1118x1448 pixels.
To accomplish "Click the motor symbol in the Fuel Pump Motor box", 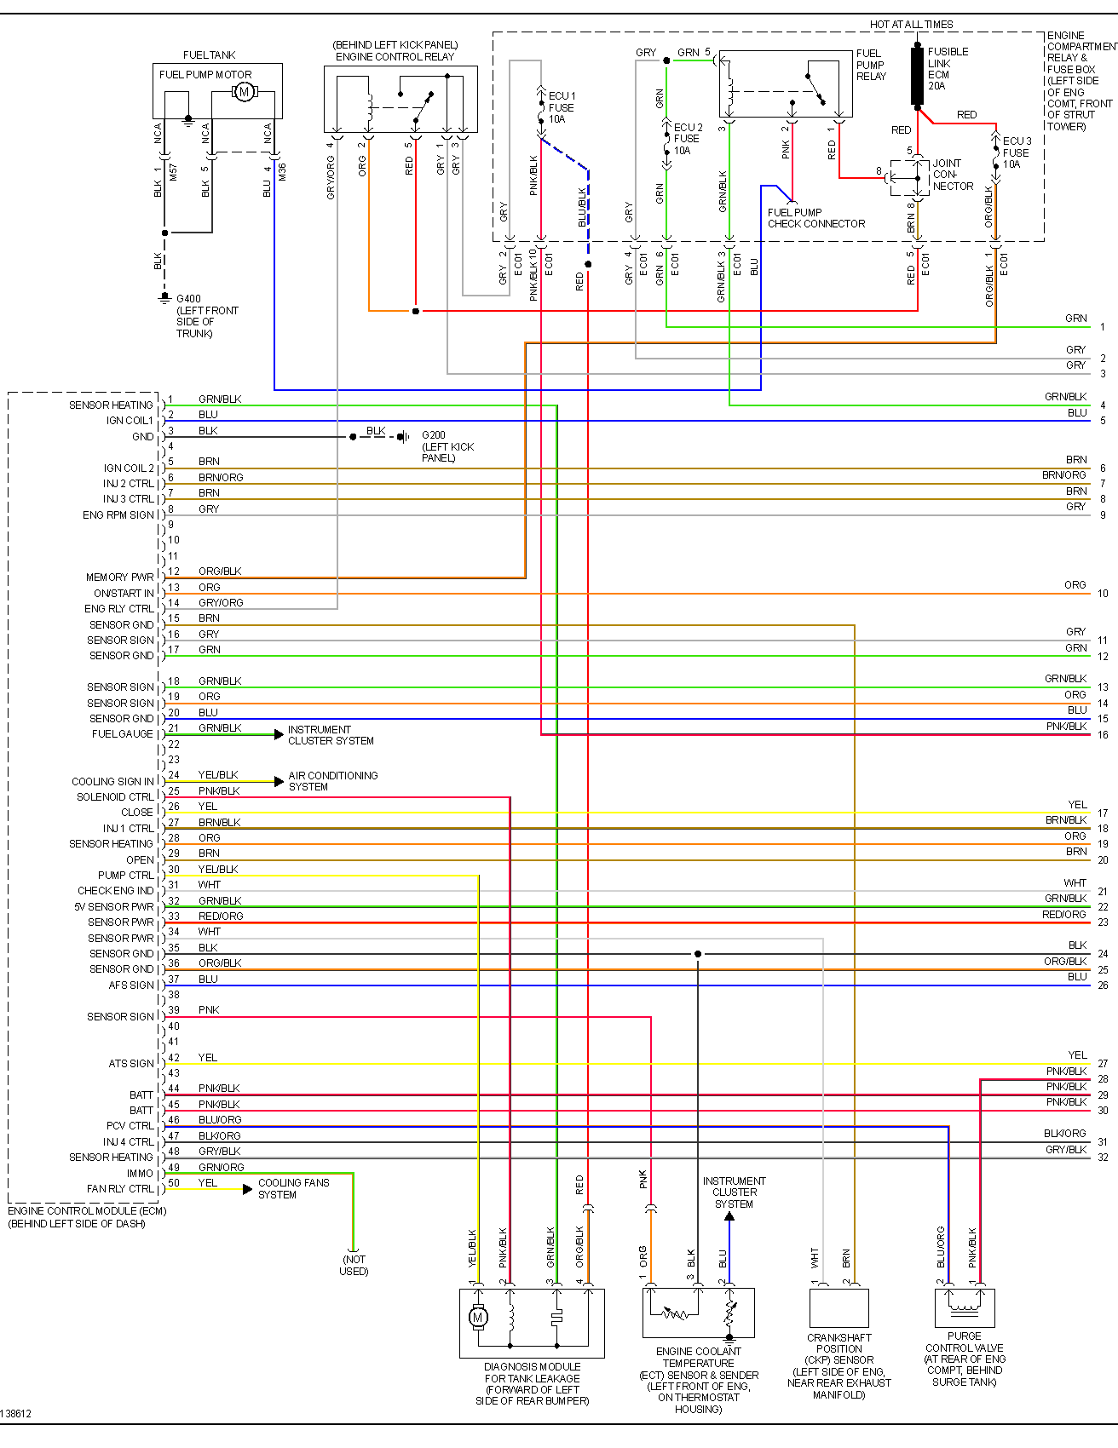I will pos(244,92).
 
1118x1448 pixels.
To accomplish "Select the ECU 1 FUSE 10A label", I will pos(562,107).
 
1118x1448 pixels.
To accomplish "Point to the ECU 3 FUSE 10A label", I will pos(1016,152).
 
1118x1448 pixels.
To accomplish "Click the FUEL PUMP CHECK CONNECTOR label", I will pos(815,218).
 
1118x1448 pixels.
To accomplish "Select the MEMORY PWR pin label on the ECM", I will pos(119,577).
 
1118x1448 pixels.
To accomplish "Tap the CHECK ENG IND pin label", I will pos(116,891).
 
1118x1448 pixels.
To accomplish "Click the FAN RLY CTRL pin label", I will pos(120,1189).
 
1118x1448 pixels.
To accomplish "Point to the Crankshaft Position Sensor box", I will pos(838,1307).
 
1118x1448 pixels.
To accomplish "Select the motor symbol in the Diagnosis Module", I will pos(477,1318).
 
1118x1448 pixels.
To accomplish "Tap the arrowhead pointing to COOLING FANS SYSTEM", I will pos(248,1189).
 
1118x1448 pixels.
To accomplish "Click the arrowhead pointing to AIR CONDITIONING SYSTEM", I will pos(279,781).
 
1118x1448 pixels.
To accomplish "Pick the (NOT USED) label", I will pos(354,1265).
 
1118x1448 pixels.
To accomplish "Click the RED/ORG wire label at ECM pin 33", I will pos(221,916).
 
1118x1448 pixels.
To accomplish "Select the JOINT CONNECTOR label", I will pos(952,175).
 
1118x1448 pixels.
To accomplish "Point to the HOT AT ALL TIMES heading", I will pos(911,25).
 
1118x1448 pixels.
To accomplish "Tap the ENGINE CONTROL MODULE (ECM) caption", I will pos(87,1210).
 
